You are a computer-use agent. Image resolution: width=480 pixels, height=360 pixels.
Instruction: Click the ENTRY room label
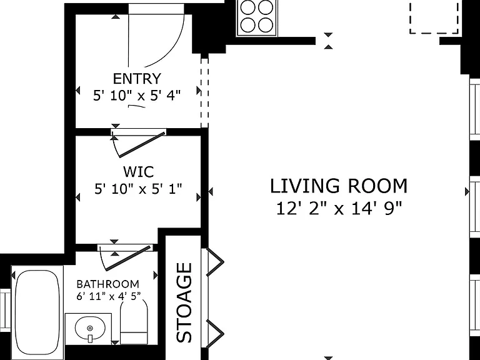point(137,79)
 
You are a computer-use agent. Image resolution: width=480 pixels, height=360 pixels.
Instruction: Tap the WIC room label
point(138,172)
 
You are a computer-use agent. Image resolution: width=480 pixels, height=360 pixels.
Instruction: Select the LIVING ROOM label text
point(339,186)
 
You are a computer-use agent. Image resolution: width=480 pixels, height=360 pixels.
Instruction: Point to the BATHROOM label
point(107,284)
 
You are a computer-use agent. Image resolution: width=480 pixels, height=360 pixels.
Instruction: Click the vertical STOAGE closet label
point(184,302)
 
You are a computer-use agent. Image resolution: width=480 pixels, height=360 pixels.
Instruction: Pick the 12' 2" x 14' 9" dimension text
point(339,209)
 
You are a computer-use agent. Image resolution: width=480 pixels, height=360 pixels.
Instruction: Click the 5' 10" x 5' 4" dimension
point(137,96)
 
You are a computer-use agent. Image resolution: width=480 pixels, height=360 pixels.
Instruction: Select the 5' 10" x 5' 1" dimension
point(138,189)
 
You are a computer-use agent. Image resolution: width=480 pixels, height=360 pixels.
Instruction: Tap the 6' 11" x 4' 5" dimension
point(109,296)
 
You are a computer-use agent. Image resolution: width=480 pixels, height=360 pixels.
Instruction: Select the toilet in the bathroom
point(134,321)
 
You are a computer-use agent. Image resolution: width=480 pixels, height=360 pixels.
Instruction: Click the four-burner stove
point(257,17)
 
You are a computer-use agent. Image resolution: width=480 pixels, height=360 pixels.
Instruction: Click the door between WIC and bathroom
point(126,257)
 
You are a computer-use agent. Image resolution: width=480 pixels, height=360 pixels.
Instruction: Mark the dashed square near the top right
point(434,17)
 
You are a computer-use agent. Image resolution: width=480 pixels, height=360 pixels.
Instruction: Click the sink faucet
point(90,338)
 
